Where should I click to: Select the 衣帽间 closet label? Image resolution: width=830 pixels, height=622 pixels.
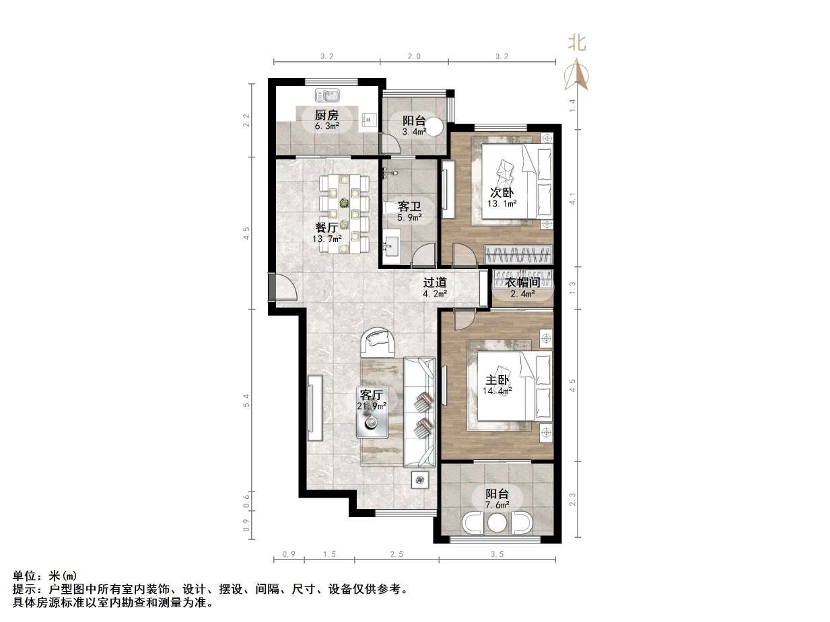(523, 283)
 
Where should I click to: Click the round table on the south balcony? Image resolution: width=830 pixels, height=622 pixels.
(497, 522)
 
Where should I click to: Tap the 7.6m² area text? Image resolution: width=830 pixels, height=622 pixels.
(497, 504)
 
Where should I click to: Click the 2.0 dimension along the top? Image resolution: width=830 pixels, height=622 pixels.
(414, 56)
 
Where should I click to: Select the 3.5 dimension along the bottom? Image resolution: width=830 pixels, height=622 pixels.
(497, 555)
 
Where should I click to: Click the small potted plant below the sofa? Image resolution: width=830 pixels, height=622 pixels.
(421, 479)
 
